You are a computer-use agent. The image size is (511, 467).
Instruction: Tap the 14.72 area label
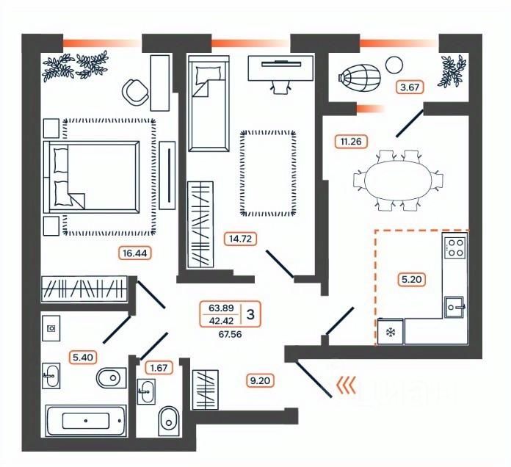click(240, 238)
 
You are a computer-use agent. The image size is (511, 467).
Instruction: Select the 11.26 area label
click(352, 141)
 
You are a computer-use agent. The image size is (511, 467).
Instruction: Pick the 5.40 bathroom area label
click(82, 358)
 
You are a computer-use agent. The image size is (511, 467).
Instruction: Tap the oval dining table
click(398, 179)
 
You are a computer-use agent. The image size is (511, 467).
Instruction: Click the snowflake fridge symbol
click(390, 332)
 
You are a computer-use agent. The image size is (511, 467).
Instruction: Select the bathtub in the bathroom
click(86, 421)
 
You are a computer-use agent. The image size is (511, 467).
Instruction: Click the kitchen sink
click(455, 304)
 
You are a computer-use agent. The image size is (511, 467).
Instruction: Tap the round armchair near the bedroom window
click(134, 91)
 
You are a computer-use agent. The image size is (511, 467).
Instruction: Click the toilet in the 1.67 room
click(168, 421)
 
